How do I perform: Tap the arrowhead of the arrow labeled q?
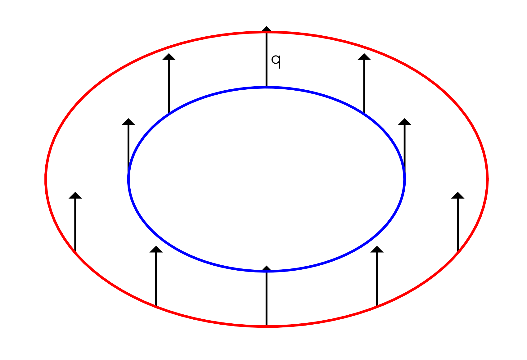click(x=266, y=29)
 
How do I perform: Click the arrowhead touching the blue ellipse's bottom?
click(x=266, y=268)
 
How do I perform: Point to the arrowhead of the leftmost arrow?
click(x=75, y=196)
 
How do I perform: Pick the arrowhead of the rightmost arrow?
click(x=458, y=196)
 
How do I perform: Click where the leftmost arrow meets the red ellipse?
click(x=75, y=252)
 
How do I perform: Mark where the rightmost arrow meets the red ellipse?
click(x=458, y=252)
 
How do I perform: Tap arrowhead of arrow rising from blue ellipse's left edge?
click(x=128, y=122)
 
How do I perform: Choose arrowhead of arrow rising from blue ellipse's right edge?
click(x=404, y=122)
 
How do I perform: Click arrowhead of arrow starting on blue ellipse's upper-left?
click(x=169, y=57)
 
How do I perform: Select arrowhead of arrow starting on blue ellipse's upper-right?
click(x=364, y=57)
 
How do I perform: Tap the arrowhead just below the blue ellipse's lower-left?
click(x=156, y=250)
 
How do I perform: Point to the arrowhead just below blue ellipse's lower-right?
click(x=377, y=250)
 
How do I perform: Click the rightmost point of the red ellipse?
click(x=488, y=179)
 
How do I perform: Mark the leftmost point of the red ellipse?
click(x=46, y=179)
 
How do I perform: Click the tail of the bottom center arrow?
click(x=266, y=326)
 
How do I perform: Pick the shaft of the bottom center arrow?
click(x=266, y=298)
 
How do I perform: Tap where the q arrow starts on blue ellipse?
click(x=266, y=87)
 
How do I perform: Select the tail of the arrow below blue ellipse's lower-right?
click(x=377, y=306)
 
